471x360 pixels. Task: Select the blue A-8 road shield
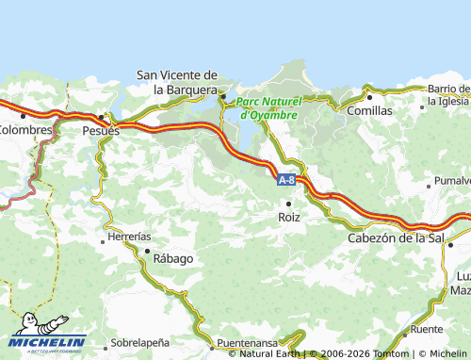coord(287,177)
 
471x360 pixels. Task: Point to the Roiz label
coord(289,217)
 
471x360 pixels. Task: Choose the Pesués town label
coord(101,131)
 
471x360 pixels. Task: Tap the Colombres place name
coord(24,129)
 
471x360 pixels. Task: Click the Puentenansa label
coord(249,342)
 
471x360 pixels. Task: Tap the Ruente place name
coord(427,330)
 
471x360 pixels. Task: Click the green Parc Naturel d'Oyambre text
coord(268,107)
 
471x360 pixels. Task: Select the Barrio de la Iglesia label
coord(448,95)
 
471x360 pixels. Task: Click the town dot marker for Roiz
coord(289,203)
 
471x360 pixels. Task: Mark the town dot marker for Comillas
coord(370,96)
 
